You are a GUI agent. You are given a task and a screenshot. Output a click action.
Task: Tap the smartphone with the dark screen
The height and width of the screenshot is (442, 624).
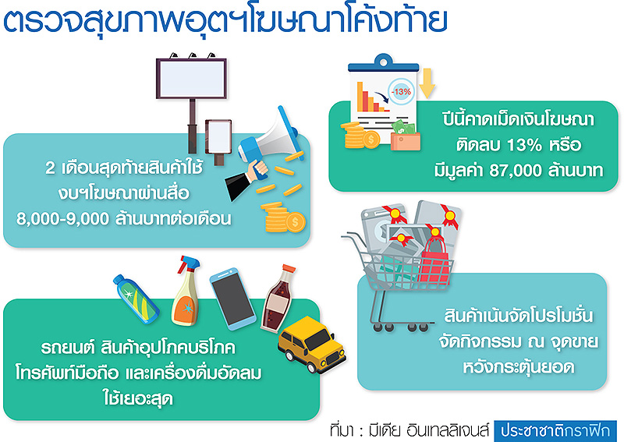[232, 299]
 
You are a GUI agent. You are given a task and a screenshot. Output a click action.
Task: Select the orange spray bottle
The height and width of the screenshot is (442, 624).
[186, 292]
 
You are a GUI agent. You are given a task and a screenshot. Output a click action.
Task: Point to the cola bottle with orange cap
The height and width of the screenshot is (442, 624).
[278, 299]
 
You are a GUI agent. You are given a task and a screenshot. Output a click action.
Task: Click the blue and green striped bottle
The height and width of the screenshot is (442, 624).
[136, 299]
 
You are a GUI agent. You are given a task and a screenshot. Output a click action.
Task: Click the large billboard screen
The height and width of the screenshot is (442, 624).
[191, 79]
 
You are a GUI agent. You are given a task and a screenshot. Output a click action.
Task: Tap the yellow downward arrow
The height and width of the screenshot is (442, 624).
[427, 83]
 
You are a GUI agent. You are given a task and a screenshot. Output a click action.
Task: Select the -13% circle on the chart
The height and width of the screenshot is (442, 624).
[401, 91]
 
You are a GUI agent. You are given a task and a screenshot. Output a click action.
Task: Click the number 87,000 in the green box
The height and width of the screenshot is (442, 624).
[516, 170]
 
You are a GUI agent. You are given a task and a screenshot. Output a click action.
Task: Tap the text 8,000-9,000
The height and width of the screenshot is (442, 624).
[62, 219]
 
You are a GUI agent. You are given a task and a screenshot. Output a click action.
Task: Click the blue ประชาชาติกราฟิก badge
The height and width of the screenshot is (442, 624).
[555, 431]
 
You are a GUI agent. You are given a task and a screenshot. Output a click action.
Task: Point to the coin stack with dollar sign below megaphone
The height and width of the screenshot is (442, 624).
[285, 217]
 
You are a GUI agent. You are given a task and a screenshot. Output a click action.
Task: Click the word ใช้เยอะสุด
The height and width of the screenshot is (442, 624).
[138, 398]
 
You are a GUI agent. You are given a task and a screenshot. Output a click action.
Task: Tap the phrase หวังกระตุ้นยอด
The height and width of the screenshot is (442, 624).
[519, 367]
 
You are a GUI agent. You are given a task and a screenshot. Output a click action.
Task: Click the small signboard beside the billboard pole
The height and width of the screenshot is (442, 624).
[218, 136]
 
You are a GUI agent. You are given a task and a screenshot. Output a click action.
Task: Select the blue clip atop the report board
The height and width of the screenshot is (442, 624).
[383, 62]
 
